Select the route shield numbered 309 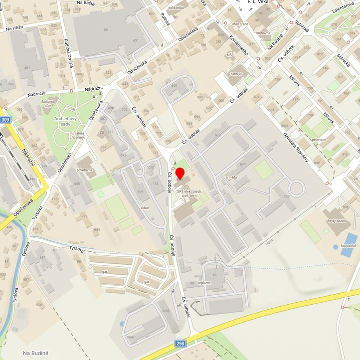(5, 120)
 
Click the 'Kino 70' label (236, 74)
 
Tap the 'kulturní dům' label (48, 104)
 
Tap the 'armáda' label (231, 177)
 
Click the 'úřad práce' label (240, 23)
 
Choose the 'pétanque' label (319, 140)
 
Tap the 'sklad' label (145, 207)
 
